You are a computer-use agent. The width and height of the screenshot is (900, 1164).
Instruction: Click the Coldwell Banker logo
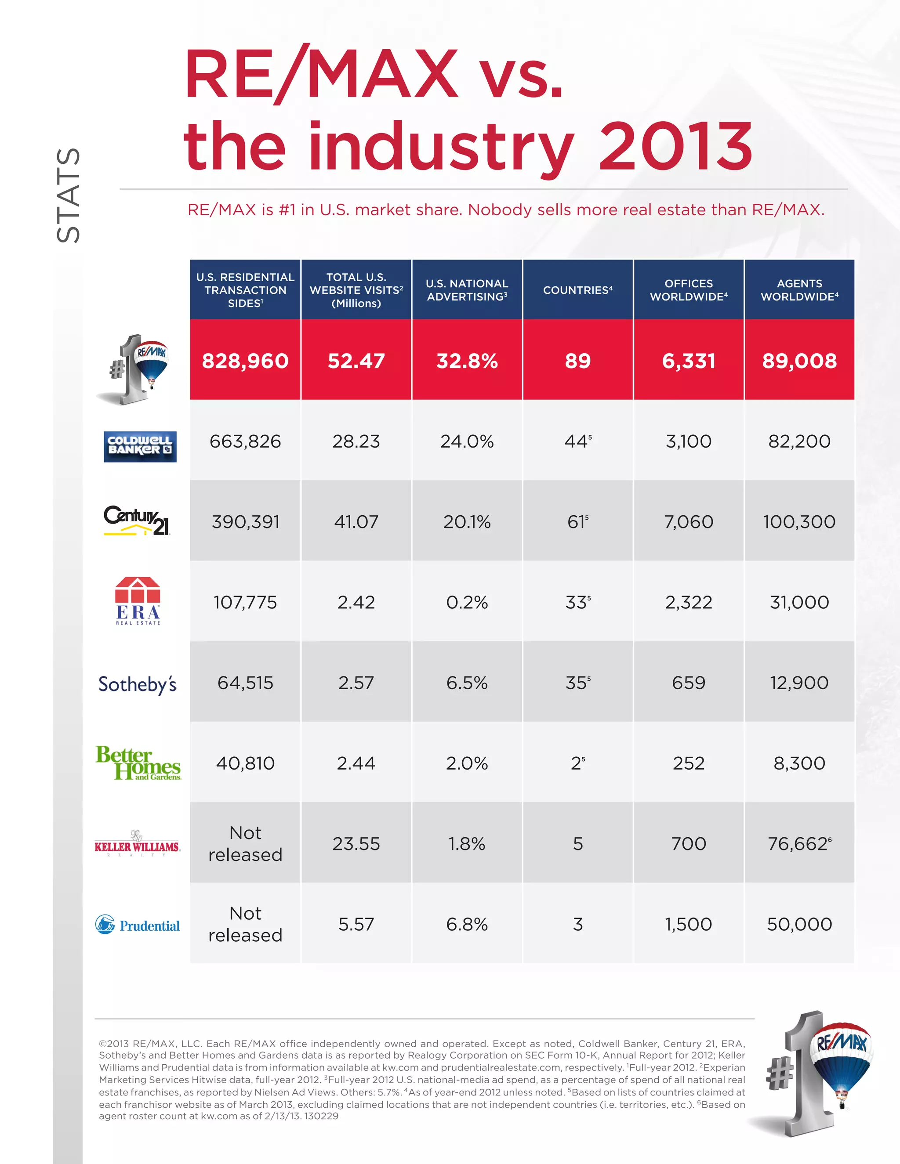click(140, 446)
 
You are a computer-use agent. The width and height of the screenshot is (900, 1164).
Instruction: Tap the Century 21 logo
click(137, 520)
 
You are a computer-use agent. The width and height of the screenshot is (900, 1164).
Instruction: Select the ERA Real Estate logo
click(138, 600)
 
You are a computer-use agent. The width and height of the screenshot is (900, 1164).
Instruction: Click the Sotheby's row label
click(138, 684)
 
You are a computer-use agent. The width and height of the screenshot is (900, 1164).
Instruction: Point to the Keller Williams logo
click(137, 844)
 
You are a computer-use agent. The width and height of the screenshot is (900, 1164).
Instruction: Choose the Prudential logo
click(138, 925)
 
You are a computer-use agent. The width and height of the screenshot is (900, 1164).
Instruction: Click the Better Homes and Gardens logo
click(138, 763)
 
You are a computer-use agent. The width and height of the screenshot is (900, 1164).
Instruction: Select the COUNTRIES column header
click(577, 290)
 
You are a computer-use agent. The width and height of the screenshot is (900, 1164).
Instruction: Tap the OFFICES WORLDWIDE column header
click(688, 290)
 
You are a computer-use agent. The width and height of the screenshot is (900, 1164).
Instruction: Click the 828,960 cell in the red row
click(245, 361)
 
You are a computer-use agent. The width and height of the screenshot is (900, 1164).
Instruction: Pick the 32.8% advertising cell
click(467, 361)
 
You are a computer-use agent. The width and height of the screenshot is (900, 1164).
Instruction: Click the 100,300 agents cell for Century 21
click(799, 521)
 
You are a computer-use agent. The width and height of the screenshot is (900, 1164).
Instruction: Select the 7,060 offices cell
click(688, 521)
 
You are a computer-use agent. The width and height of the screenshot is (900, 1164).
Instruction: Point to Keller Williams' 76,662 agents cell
click(799, 844)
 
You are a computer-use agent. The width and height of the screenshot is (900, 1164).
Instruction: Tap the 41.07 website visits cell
click(356, 521)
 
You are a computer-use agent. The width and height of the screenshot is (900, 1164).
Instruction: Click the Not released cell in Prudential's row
click(245, 924)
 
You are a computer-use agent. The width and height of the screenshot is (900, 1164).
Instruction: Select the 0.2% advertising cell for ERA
click(467, 602)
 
